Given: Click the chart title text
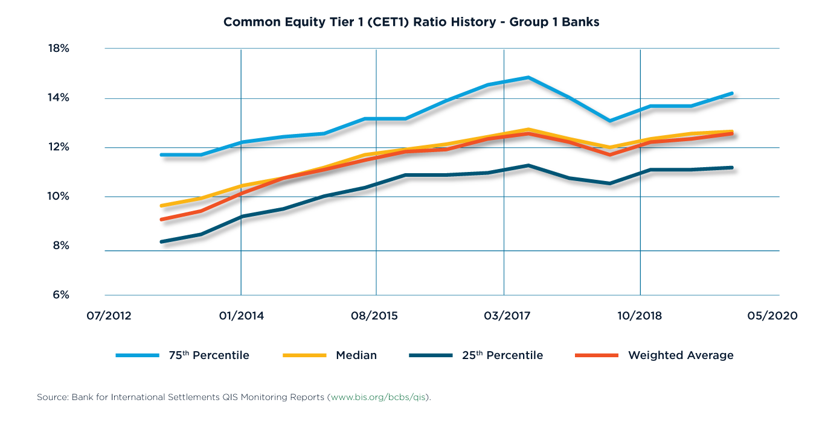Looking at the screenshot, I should tap(411, 22).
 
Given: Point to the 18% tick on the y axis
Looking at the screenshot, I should tap(59, 48).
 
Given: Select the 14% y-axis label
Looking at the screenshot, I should tap(59, 98).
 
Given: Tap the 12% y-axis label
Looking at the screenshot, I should tap(59, 147).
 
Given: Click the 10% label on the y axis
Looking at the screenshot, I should tap(59, 197).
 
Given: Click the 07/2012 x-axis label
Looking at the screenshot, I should tap(104, 316).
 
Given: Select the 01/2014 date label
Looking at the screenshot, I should tap(241, 316).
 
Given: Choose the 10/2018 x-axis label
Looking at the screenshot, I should tap(640, 316).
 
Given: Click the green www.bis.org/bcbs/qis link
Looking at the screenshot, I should tap(379, 398).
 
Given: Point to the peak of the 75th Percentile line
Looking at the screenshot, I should tap(530, 77).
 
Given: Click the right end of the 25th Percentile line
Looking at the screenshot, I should tap(732, 168).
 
